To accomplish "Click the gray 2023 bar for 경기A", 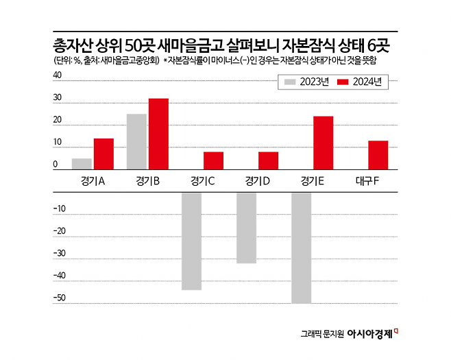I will (82, 164).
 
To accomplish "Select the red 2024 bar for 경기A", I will (103, 154).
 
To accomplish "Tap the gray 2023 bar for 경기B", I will (136, 141).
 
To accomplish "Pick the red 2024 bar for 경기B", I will (158, 134).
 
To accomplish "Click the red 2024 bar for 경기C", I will (213, 160).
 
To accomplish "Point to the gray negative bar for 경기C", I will (191, 241).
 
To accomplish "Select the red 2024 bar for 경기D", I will (268, 160).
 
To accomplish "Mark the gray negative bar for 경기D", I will (246, 228).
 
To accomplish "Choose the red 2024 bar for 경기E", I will (323, 143).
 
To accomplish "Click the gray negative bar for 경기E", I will (301, 248).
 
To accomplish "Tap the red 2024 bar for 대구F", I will (378, 155).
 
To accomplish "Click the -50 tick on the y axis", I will (60, 298).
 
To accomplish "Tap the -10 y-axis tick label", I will (60, 208).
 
